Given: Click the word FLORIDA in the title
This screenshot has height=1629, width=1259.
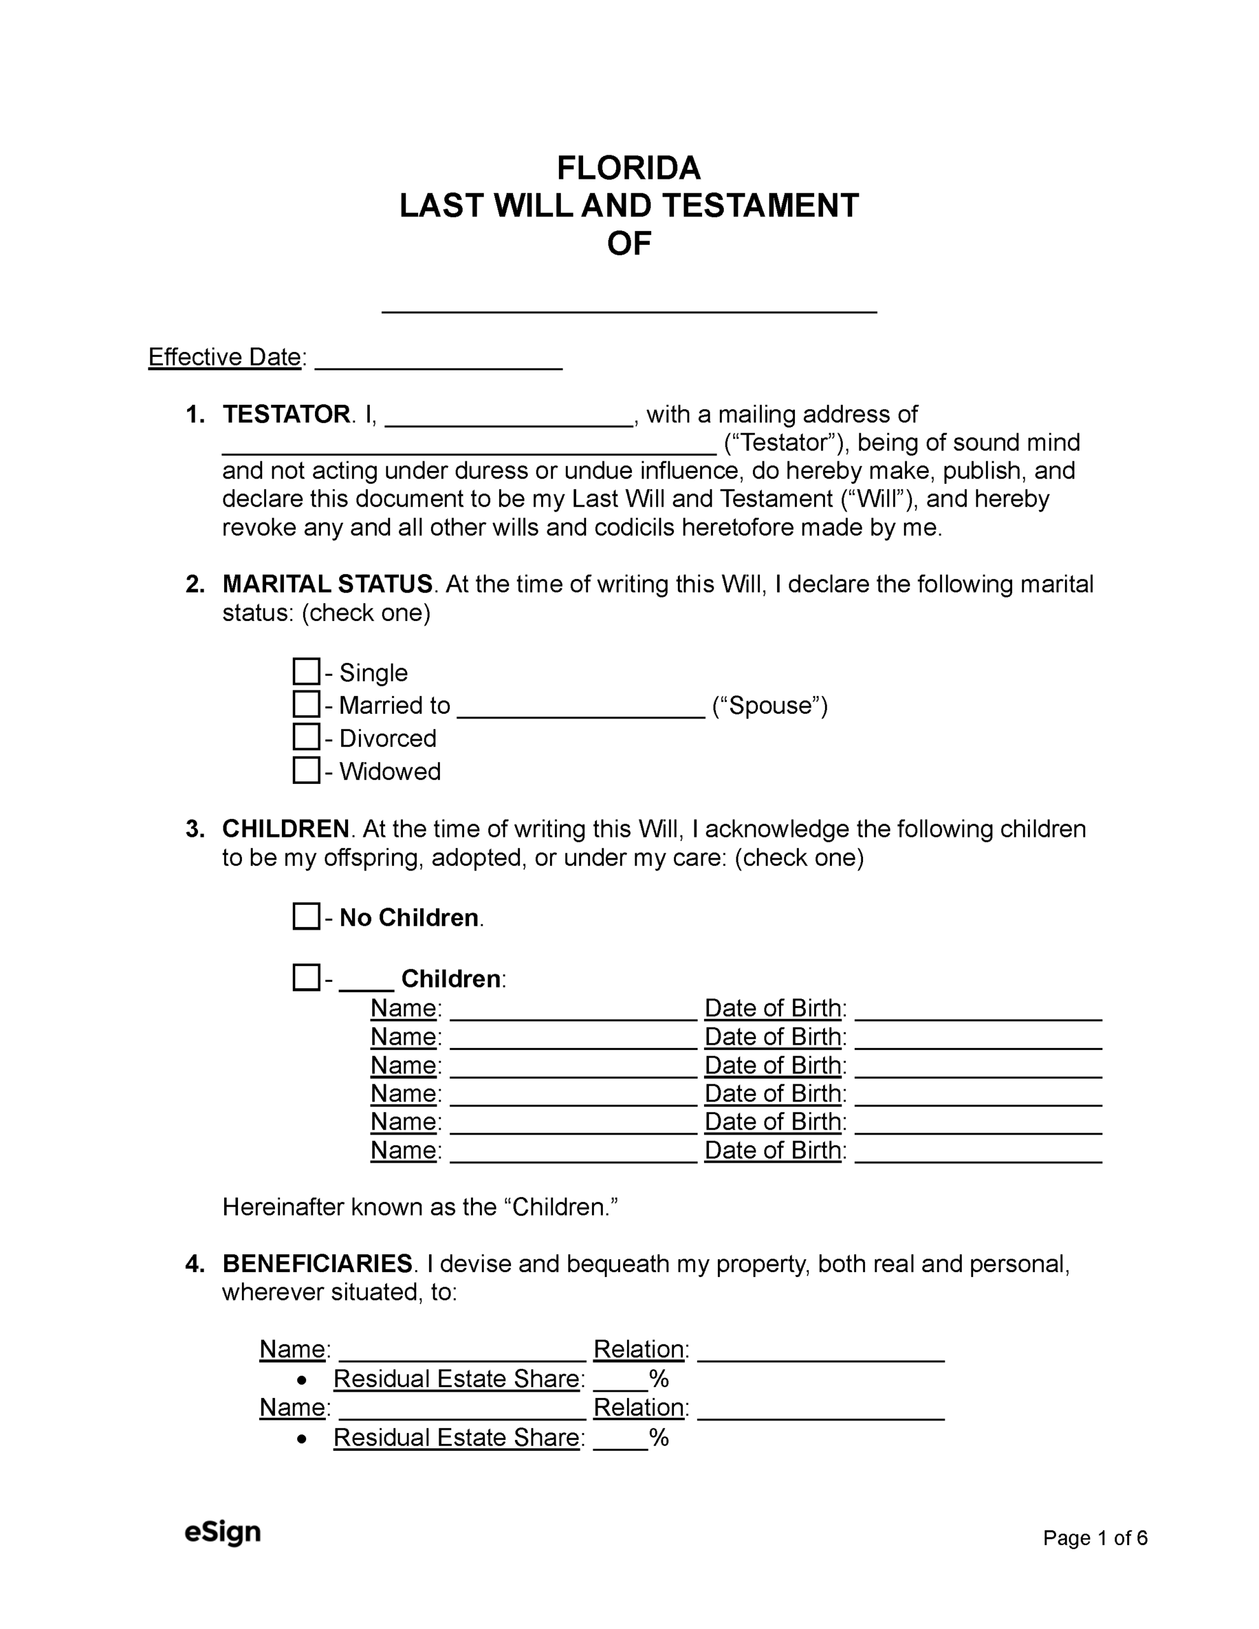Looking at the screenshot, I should (628, 169).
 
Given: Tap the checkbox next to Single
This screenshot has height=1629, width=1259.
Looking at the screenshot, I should (306, 671).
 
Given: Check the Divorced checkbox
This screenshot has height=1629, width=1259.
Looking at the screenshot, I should (306, 737).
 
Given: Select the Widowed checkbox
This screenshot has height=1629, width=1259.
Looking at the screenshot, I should (306, 770).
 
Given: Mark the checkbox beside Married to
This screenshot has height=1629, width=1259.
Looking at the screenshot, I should (306, 704).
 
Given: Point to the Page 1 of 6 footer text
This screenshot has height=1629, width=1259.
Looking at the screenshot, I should (1095, 1537).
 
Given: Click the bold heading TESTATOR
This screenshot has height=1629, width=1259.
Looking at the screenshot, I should (286, 414).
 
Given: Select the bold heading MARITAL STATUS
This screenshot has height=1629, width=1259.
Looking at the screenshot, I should (327, 584).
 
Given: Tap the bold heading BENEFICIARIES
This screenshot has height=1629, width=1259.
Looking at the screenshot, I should (317, 1264).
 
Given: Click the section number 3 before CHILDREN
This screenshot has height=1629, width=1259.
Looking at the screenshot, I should (195, 828).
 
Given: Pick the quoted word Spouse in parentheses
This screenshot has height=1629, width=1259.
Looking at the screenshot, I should (770, 706).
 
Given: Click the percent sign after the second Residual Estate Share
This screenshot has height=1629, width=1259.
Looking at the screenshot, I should (658, 1437).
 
